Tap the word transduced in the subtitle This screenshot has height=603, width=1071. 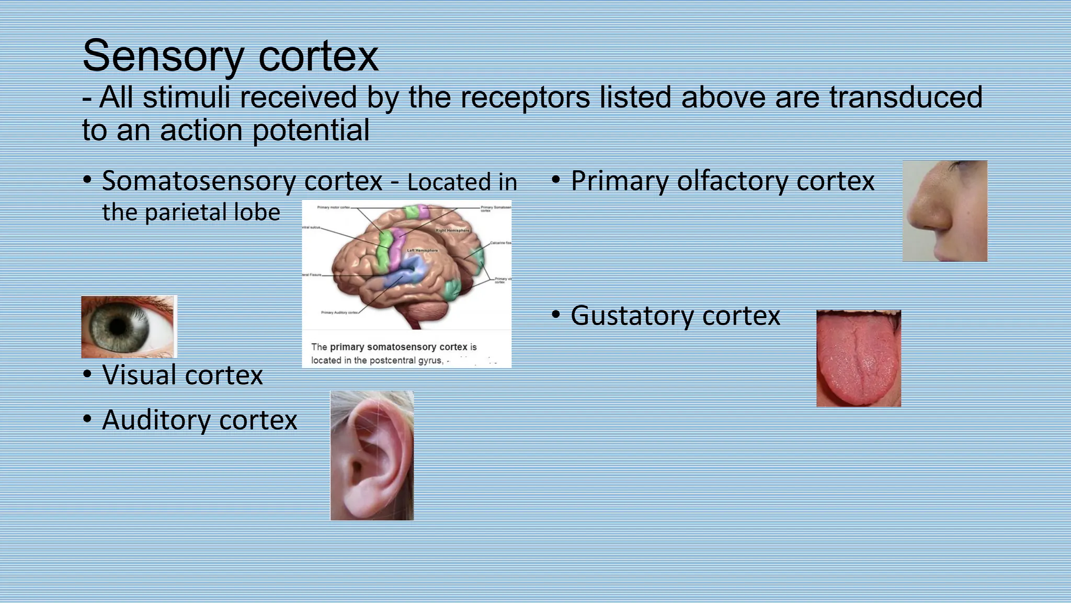905,97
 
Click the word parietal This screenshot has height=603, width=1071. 186,213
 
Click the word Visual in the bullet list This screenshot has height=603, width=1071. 140,375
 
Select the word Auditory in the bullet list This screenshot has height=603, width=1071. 156,420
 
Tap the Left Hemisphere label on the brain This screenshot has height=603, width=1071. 422,251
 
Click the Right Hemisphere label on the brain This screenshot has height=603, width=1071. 452,230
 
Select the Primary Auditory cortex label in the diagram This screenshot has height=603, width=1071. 339,312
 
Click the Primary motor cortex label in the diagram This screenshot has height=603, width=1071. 333,208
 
